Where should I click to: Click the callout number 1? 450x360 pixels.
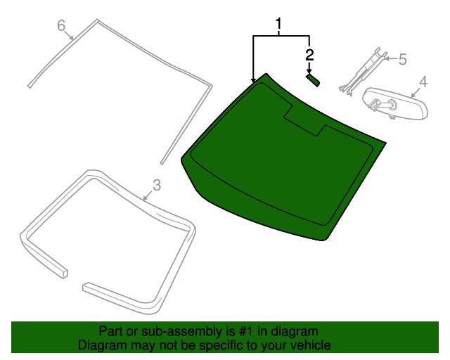(x=279, y=26)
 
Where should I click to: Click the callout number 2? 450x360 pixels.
(x=309, y=53)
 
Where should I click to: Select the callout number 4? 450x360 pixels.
(x=423, y=82)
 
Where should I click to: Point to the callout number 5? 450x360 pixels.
(x=402, y=60)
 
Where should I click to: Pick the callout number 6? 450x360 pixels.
(x=61, y=26)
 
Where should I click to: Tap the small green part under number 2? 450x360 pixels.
(x=312, y=80)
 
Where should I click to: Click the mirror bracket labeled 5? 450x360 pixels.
(x=363, y=70)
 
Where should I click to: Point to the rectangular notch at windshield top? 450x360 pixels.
(x=304, y=118)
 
